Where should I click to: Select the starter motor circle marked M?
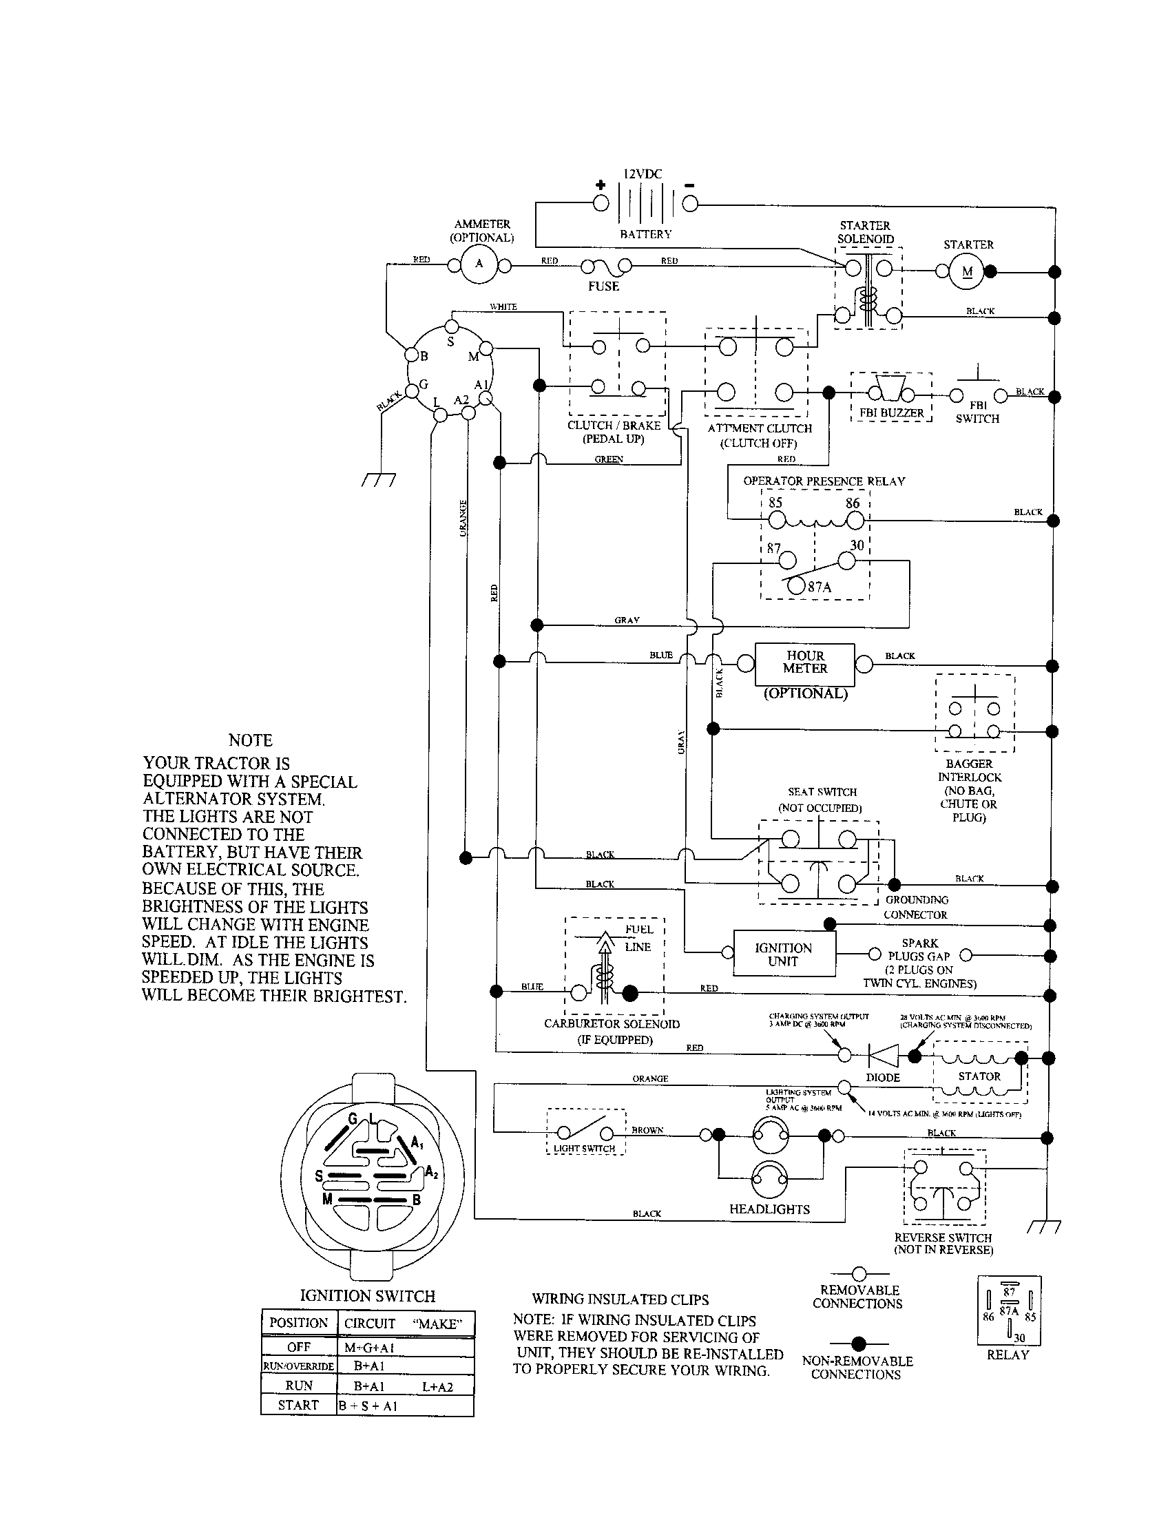968,271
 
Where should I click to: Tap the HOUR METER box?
804,662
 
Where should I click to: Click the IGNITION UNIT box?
783,954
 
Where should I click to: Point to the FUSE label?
603,286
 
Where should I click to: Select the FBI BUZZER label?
891,412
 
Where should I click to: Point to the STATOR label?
979,1076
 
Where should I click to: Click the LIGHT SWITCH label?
585,1149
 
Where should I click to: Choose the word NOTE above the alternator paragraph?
251,740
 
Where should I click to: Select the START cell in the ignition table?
298,1406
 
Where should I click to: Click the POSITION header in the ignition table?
298,1323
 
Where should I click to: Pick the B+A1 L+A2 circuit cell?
404,1386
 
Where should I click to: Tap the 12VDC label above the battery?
643,174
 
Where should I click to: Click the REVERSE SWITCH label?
943,1237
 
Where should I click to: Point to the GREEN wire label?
609,459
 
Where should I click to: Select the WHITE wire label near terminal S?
503,306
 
